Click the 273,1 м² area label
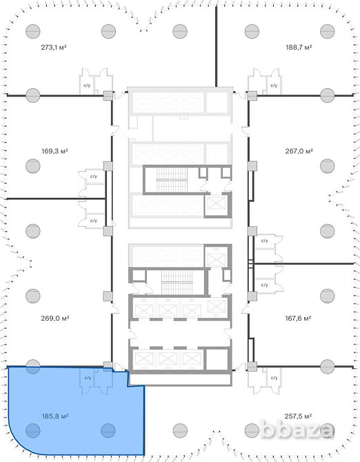pos(54,47)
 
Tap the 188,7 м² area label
pos(299,47)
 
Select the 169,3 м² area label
pos(54,151)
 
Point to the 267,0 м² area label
pos(299,151)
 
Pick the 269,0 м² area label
pos(55,318)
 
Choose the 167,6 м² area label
pos(298,318)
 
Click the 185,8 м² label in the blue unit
pos(55,416)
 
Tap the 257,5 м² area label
pos(298,416)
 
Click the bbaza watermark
pos(297,430)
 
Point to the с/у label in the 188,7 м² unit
pos(274,86)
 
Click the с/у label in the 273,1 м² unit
pos(87,86)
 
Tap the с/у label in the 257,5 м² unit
pos(274,378)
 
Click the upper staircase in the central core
pos(172,179)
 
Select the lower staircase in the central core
pos(177,282)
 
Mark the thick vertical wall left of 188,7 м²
pos(216,47)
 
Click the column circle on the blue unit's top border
pos(32,367)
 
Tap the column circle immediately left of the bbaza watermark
pos(252,430)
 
